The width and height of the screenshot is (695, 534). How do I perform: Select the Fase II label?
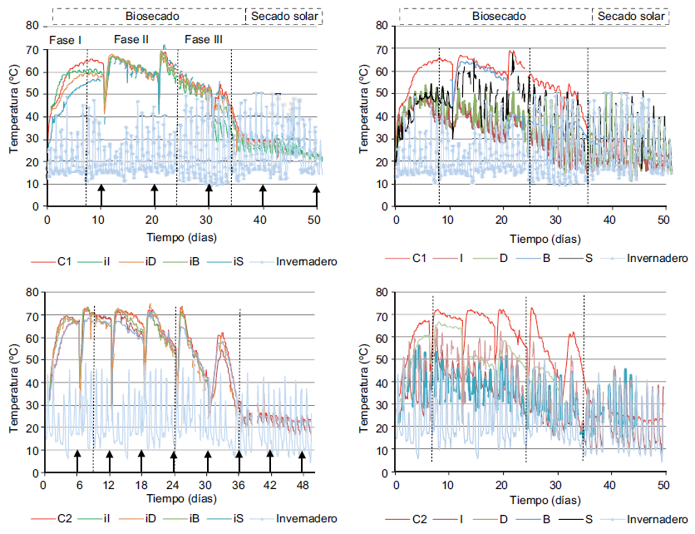click(x=131, y=39)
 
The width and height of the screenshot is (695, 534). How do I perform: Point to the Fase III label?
click(x=203, y=39)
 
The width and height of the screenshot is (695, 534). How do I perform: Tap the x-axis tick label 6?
click(x=78, y=485)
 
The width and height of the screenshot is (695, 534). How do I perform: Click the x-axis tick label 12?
click(x=110, y=485)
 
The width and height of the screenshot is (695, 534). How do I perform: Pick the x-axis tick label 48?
click(x=302, y=485)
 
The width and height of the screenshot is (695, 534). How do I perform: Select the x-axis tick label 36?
click(x=238, y=485)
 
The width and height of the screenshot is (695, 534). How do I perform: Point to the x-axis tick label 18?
click(x=142, y=485)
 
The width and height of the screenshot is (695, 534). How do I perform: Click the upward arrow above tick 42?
click(x=270, y=457)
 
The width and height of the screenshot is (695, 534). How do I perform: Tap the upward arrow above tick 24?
click(x=174, y=457)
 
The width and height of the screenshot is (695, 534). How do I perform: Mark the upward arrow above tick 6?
click(x=77, y=457)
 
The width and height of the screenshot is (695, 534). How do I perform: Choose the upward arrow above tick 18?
click(x=142, y=457)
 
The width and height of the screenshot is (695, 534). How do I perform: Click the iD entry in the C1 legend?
click(x=150, y=261)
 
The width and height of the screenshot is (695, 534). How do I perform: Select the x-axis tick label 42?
click(x=270, y=485)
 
